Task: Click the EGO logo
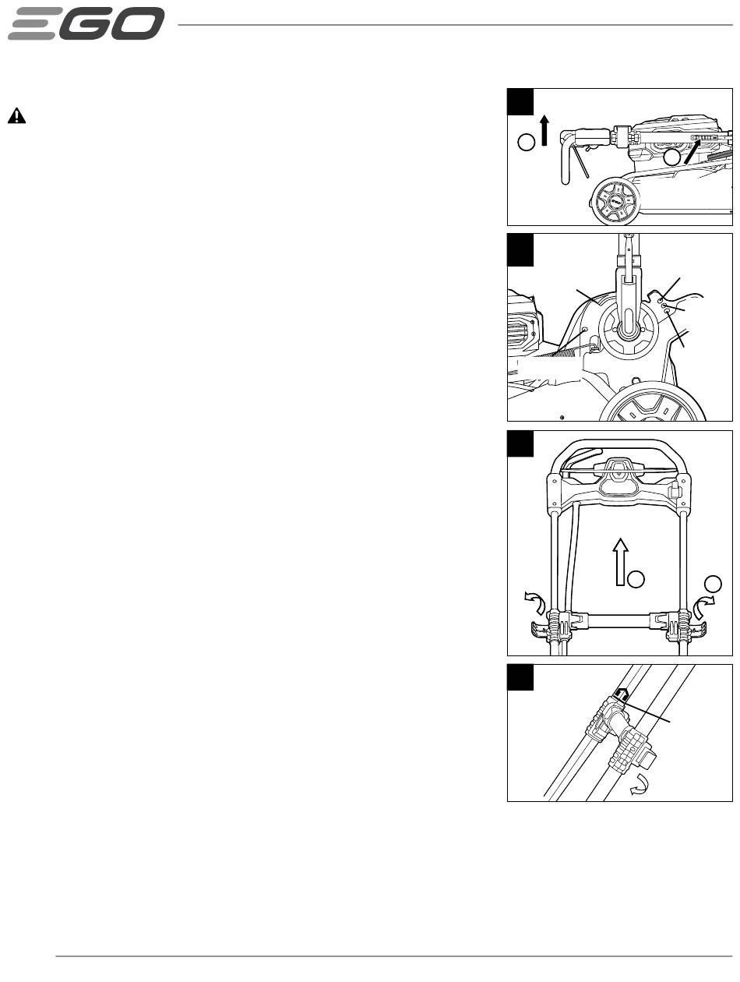(86, 23)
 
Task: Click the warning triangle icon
(16, 115)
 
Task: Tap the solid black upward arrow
(544, 130)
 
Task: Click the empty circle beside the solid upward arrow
(526, 142)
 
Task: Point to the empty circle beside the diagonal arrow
(671, 157)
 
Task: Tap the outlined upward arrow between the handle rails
(620, 561)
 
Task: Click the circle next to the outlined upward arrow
(636, 579)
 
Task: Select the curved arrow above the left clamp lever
(535, 600)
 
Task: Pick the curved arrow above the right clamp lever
(703, 606)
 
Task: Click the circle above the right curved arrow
(713, 584)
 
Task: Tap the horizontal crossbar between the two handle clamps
(618, 620)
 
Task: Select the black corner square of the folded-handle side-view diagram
(520, 101)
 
